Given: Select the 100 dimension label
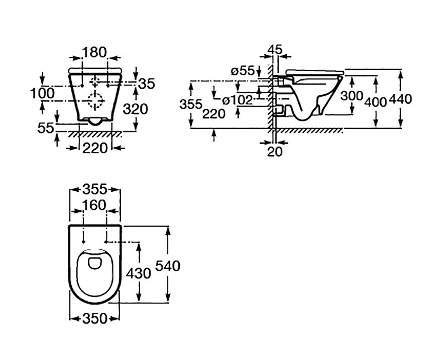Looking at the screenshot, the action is point(42,93).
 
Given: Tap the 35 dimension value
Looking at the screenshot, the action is point(147,84).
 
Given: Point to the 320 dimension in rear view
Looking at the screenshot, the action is point(135,109).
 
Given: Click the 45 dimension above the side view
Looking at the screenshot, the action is point(275,50).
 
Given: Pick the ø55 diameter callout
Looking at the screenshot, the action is point(242,71).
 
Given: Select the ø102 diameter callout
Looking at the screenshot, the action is point(237,100).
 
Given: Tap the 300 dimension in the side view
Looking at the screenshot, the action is point(352,96).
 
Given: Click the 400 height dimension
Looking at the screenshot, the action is point(375,102).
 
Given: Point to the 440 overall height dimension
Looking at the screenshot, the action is point(400,99).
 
